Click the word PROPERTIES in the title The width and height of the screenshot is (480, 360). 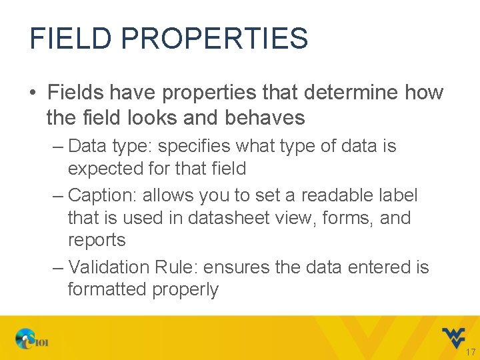215,39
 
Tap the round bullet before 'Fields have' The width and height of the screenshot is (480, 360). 33,93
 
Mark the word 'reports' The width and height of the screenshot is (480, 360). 97,240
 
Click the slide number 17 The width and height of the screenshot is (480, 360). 471,352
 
